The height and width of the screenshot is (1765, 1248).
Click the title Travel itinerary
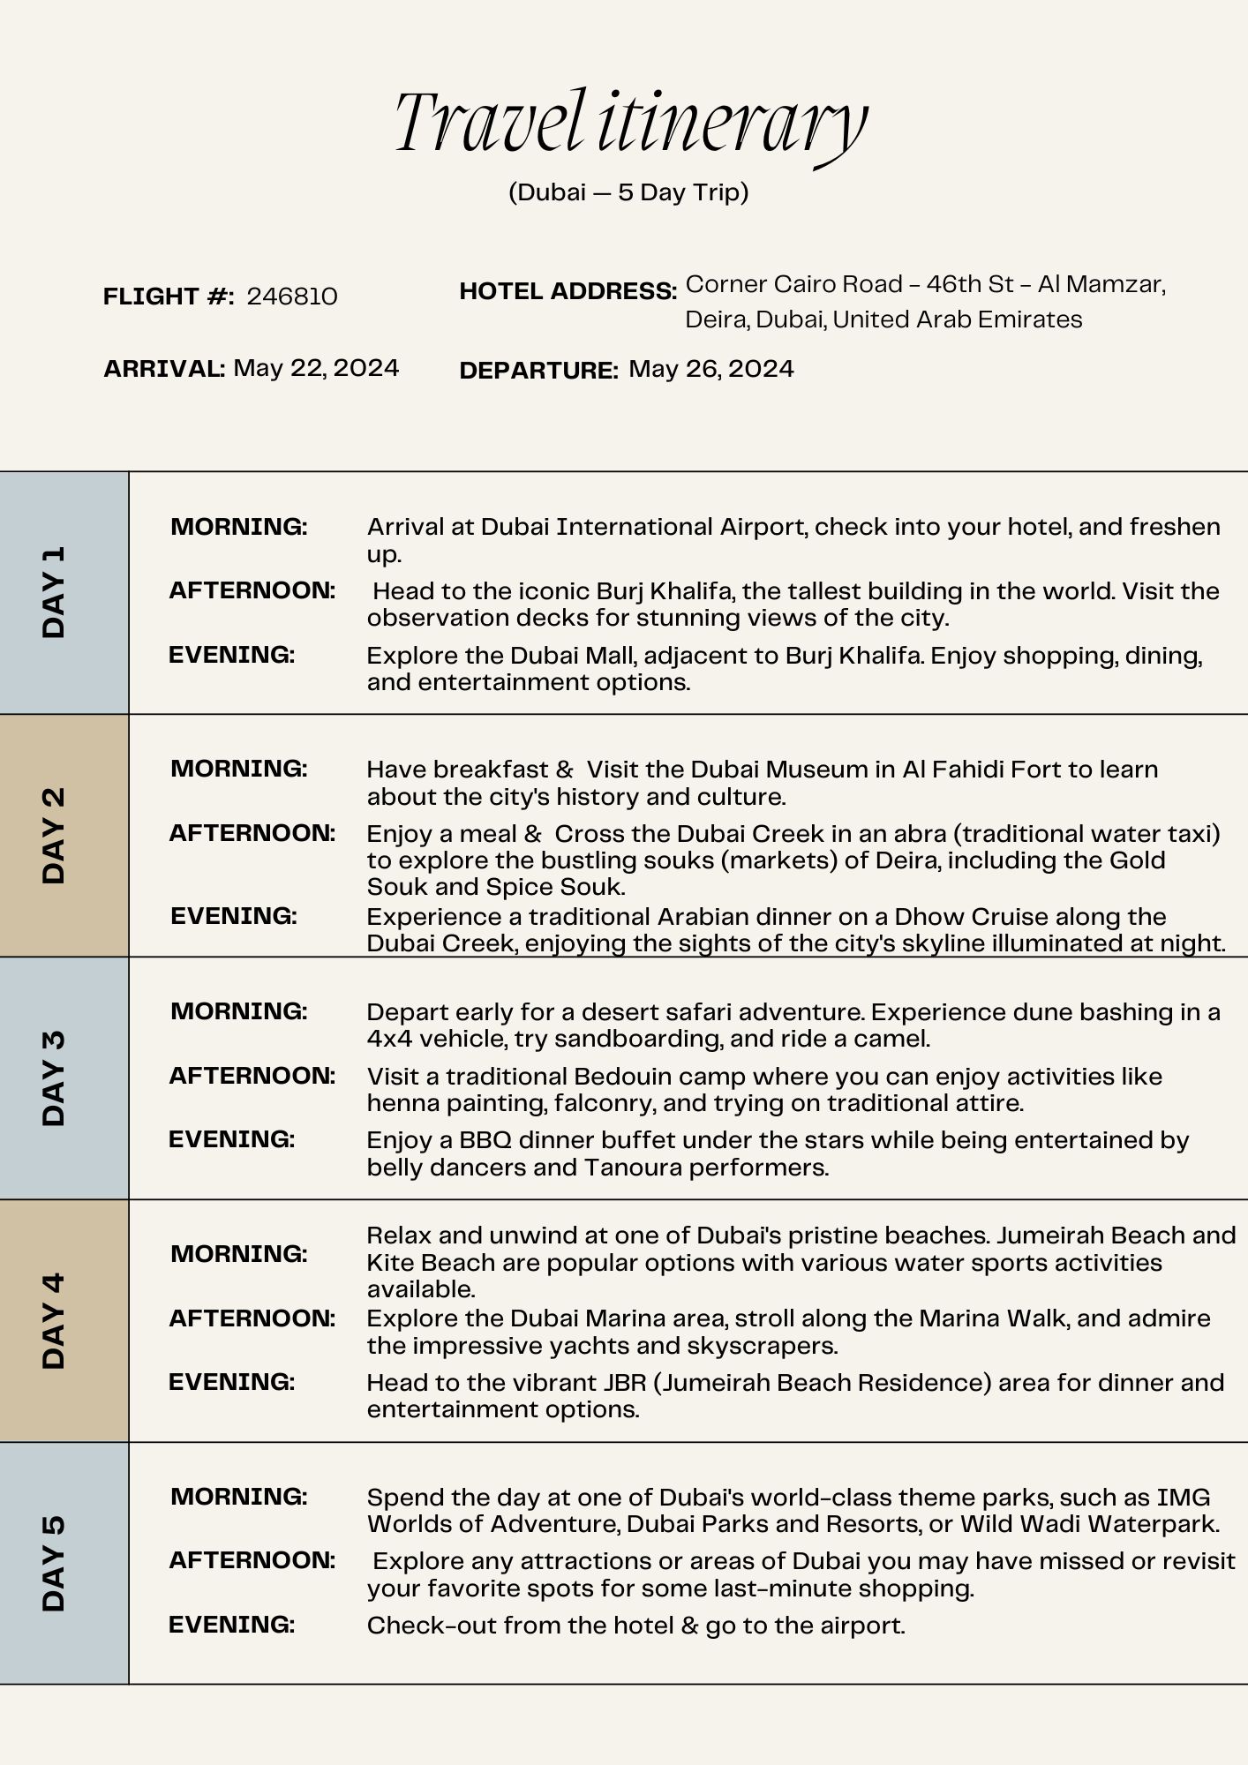point(630,124)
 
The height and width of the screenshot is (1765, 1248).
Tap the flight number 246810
point(292,297)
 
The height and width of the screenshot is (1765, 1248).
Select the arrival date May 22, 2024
point(316,368)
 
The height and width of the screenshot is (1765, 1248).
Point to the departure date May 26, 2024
point(711,369)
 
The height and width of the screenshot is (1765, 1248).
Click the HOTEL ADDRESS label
point(568,291)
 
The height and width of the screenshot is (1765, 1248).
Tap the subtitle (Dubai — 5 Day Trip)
point(628,192)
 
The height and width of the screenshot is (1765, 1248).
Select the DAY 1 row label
point(54,592)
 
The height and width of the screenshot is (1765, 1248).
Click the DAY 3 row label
point(54,1078)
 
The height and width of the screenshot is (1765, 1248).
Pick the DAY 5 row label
point(54,1563)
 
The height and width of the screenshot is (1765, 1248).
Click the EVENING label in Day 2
point(233,916)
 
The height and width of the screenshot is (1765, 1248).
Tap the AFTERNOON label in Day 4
point(252,1318)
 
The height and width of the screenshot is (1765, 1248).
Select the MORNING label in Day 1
point(238,527)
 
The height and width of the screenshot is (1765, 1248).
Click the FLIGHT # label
point(168,297)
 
